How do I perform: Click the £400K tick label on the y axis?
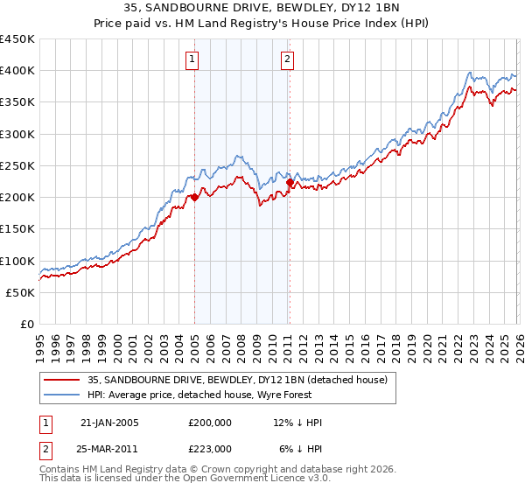pos(17,71)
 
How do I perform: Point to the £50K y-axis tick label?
pos(20,292)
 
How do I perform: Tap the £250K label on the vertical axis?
pos(17,165)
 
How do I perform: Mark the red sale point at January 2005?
pos(194,198)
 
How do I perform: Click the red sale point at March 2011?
pos(290,183)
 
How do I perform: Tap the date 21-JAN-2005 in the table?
pos(109,423)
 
